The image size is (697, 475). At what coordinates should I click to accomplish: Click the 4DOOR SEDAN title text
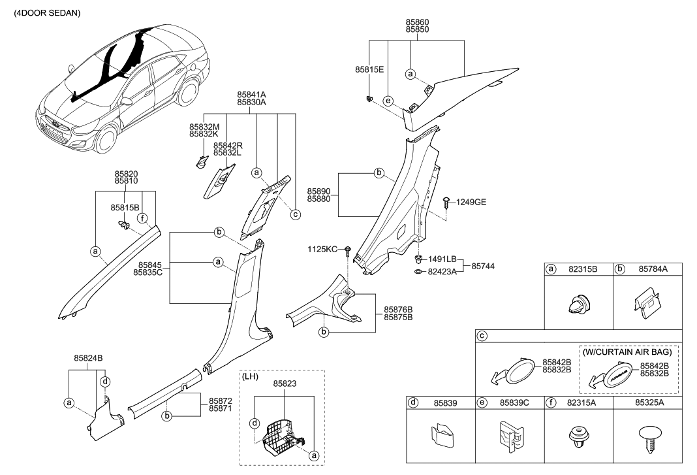click(43, 13)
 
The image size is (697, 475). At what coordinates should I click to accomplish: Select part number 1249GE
click(470, 203)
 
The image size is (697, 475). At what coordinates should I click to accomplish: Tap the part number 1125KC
click(322, 250)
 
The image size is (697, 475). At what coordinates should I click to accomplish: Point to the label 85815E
click(369, 69)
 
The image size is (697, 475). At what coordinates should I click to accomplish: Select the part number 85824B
click(88, 357)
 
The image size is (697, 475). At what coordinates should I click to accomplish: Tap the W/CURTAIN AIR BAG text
click(628, 352)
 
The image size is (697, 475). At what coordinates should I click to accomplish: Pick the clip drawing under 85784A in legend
click(645, 304)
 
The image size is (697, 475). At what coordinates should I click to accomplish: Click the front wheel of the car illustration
click(104, 139)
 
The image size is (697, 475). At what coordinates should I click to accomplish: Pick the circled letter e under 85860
click(388, 101)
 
